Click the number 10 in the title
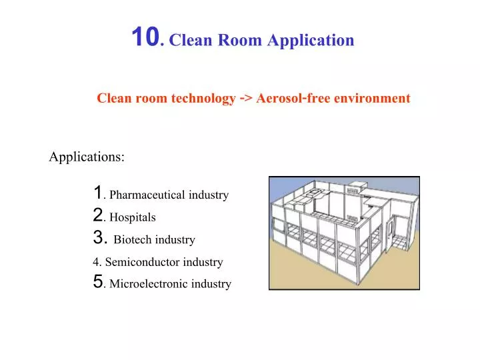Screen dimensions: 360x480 click(145, 37)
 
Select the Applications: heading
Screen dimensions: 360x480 click(87, 157)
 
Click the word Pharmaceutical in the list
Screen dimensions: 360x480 click(147, 195)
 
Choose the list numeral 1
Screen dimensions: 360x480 click(98, 193)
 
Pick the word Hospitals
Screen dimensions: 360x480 click(133, 217)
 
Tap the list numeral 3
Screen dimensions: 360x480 click(99, 238)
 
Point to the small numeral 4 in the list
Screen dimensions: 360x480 click(97, 263)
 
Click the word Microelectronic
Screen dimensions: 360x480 click(147, 285)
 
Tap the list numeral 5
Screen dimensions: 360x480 click(98, 283)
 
